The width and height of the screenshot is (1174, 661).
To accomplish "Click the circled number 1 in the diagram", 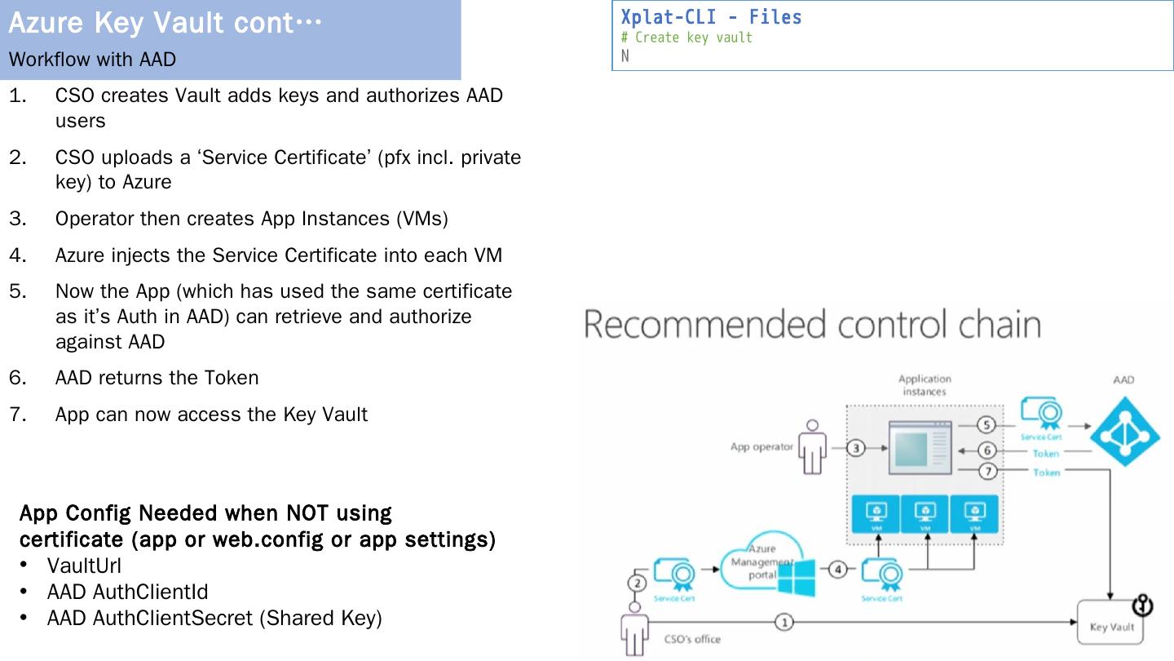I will (783, 623).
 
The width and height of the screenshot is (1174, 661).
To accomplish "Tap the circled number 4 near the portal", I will (837, 570).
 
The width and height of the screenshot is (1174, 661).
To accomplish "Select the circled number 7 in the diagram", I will (987, 472).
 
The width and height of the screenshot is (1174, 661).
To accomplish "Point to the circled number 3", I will (856, 447).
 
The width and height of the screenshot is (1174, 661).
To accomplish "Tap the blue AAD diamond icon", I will (1125, 432).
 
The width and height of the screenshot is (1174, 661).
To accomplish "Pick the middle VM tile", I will (925, 515).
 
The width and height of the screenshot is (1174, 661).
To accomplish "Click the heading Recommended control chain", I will (812, 324).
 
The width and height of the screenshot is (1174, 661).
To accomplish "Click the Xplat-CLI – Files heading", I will (711, 17).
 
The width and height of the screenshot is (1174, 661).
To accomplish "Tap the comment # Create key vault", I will (686, 38).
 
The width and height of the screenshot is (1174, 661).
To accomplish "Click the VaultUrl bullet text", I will (84, 565).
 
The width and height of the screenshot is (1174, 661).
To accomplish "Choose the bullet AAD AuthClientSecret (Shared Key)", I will (214, 618).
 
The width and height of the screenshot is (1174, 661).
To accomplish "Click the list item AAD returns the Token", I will (157, 378).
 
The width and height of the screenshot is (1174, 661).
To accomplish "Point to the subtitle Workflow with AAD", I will (92, 60).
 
